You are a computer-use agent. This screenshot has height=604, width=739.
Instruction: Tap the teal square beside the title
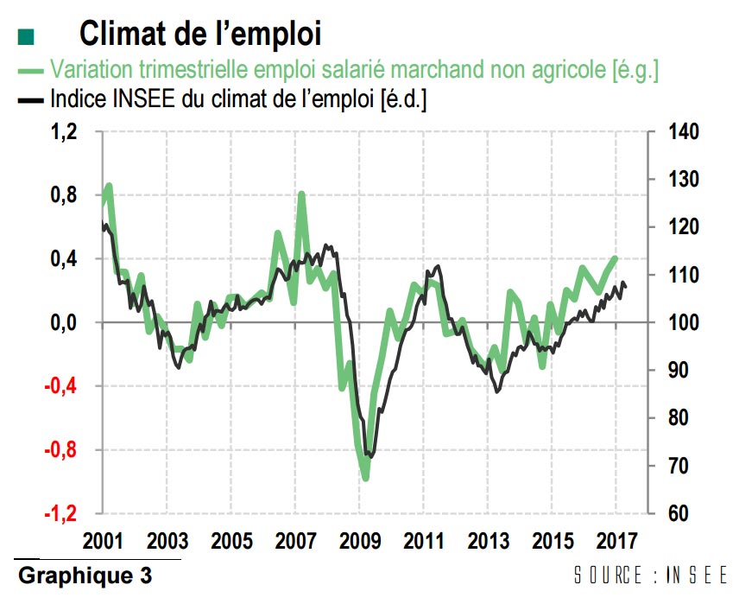[x=25, y=35]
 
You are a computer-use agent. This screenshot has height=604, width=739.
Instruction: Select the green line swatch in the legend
[x=29, y=68]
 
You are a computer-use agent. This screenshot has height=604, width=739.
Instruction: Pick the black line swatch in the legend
[x=29, y=100]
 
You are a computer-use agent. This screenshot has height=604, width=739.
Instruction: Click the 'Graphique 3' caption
[x=84, y=575]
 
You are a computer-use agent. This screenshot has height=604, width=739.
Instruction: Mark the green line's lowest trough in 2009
[x=365, y=476]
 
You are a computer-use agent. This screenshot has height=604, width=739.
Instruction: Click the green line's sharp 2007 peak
[x=301, y=194]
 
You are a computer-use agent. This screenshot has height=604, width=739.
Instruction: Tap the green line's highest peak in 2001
[x=109, y=186]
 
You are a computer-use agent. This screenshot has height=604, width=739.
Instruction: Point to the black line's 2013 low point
[x=496, y=391]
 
